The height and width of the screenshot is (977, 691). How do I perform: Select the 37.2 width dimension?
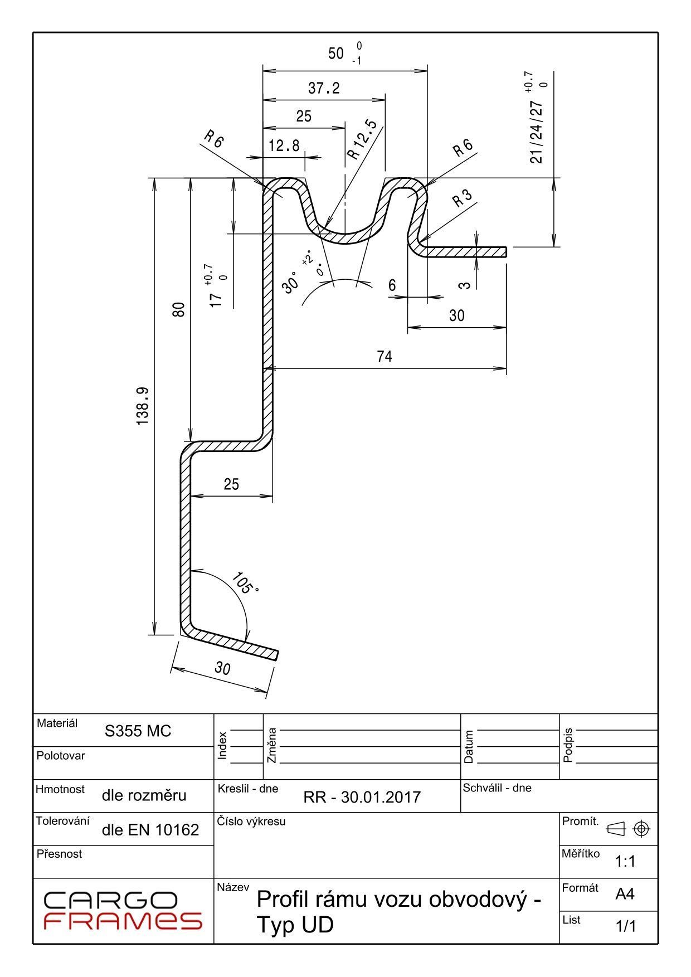coord(324,88)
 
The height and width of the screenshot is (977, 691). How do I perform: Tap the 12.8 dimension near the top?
coord(284,146)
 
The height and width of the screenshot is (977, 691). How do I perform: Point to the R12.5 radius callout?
coord(362,139)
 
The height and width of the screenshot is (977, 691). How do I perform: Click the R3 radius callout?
coord(462,198)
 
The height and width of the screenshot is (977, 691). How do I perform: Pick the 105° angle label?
coord(245,583)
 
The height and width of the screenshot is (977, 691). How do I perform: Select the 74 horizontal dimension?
coord(385,357)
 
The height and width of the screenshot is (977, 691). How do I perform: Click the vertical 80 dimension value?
coord(178,309)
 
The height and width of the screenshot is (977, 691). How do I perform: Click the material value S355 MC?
coord(138,731)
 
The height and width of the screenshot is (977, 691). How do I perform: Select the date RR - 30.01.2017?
coord(362,797)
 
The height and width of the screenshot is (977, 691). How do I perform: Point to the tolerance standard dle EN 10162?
coord(150,830)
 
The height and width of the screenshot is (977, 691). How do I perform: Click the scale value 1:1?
coord(625,862)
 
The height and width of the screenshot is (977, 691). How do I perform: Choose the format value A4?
coord(625,895)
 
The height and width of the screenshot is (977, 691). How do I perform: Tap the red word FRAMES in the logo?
coord(123,921)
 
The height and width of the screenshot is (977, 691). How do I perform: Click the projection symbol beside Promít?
coord(627,829)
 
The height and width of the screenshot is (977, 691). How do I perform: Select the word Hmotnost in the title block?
coord(60,789)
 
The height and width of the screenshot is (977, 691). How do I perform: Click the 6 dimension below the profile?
coord(392,285)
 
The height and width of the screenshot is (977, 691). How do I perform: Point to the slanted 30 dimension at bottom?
coord(222,668)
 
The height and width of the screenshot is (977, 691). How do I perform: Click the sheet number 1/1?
coord(625,926)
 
